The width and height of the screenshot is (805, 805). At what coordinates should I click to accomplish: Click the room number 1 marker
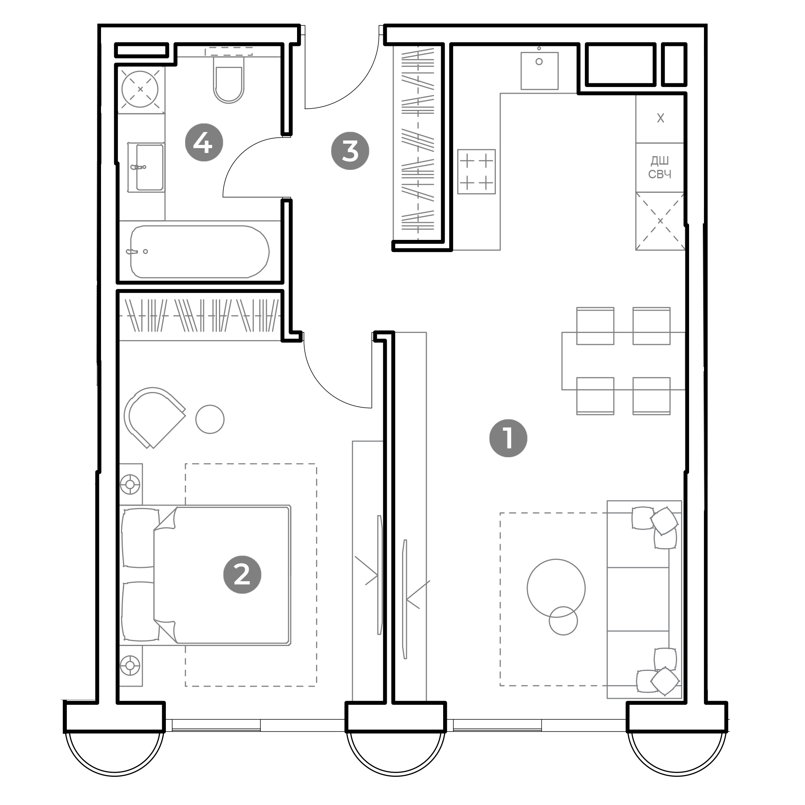coord(508,438)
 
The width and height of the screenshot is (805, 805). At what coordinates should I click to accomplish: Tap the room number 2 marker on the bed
coord(242,575)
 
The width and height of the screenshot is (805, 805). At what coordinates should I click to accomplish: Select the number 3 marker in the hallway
coord(350,151)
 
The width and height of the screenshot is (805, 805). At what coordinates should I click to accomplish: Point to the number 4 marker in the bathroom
coord(204,142)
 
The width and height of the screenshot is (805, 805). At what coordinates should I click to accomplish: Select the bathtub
coord(200,252)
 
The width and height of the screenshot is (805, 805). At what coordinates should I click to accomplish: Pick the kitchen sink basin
coord(539,71)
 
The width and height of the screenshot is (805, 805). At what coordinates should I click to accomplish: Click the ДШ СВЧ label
coord(660,167)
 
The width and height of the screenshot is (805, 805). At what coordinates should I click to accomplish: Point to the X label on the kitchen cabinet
coord(661,118)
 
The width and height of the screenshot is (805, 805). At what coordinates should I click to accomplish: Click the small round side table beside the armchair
coord(210,419)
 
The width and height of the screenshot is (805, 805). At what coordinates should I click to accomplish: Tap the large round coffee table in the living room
coord(556,588)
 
